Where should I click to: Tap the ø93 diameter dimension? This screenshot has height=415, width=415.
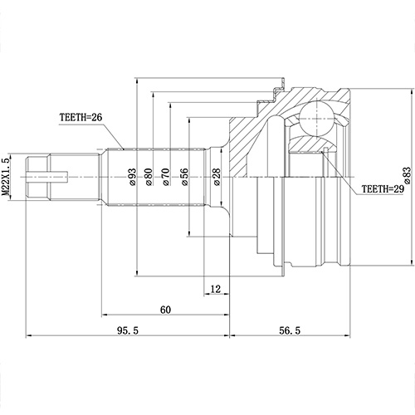click(x=132, y=177)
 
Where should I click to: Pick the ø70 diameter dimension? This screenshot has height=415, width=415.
click(x=166, y=177)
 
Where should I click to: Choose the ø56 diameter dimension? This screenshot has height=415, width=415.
click(x=183, y=177)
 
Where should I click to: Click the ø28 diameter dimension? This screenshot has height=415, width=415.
click(x=216, y=177)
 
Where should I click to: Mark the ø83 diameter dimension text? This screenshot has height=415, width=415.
click(x=406, y=176)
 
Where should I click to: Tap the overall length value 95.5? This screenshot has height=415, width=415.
click(x=124, y=330)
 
